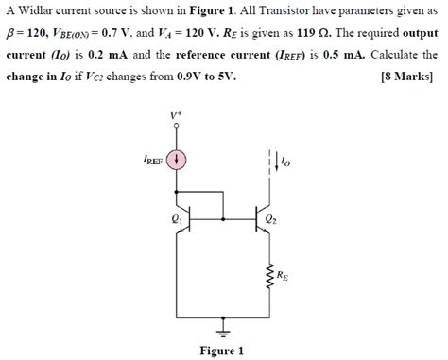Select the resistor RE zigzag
click(268, 278)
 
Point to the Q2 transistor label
click(272, 219)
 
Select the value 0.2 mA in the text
click(110, 55)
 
